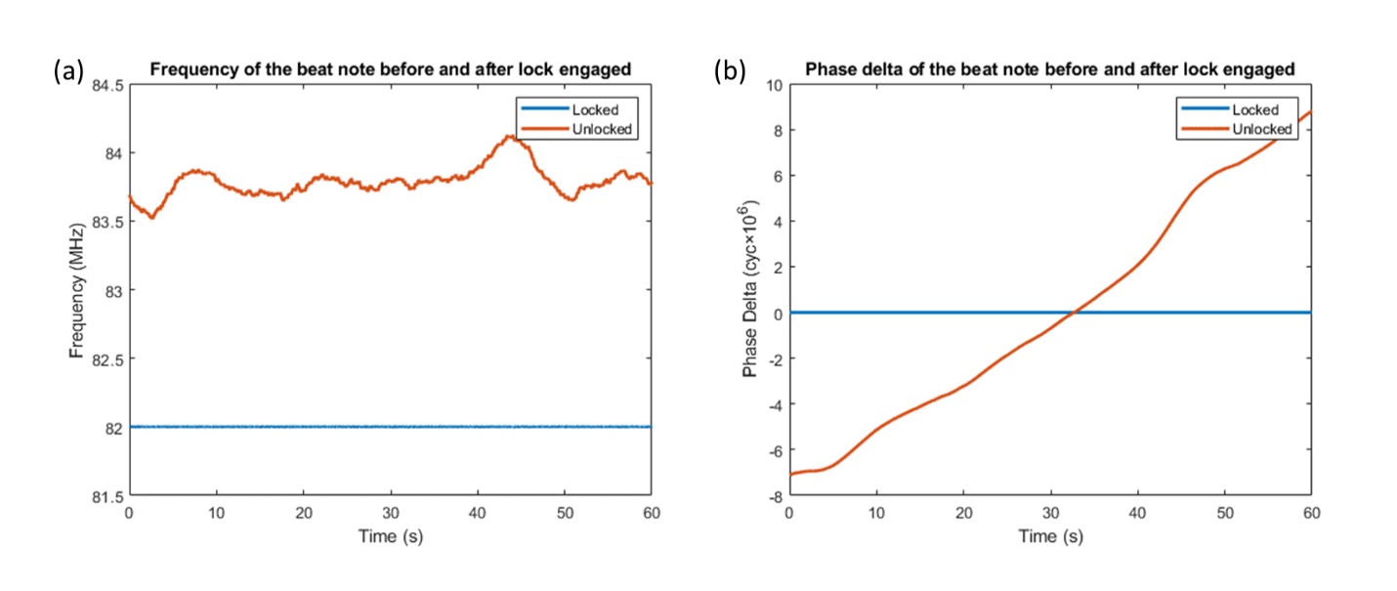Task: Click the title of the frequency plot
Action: (391, 69)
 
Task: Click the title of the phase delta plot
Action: (1050, 69)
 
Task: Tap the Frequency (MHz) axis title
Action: (77, 290)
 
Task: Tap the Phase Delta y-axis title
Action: (749, 292)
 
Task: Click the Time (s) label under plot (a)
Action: (391, 536)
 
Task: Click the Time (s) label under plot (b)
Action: (1050, 536)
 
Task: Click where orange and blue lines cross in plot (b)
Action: (1073, 313)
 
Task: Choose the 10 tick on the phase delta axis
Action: (773, 85)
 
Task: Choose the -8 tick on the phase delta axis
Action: (773, 496)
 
